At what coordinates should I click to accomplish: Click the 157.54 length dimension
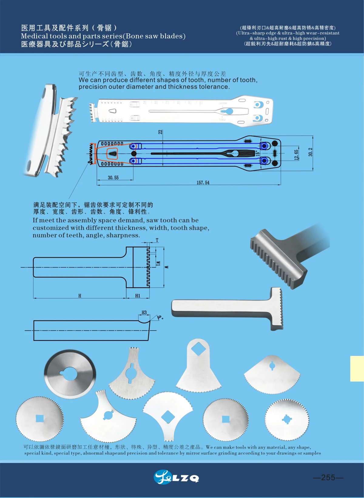point(203,182)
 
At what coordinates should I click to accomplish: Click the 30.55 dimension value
point(113,178)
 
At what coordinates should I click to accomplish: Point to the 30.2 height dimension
point(310,152)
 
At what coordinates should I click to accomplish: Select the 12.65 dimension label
point(296,154)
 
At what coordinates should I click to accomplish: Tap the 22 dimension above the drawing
point(160,132)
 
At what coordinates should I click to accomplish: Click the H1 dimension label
point(138,296)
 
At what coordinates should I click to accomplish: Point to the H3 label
point(144,312)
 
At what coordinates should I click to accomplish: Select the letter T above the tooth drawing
point(157,240)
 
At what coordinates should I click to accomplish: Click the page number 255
point(328,477)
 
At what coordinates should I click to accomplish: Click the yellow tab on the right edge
point(357,368)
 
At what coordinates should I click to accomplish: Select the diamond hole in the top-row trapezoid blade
point(198,348)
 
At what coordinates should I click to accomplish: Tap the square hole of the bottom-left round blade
point(40,418)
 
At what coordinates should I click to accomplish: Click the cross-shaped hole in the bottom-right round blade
point(287,419)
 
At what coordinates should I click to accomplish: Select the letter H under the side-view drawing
point(80,296)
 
